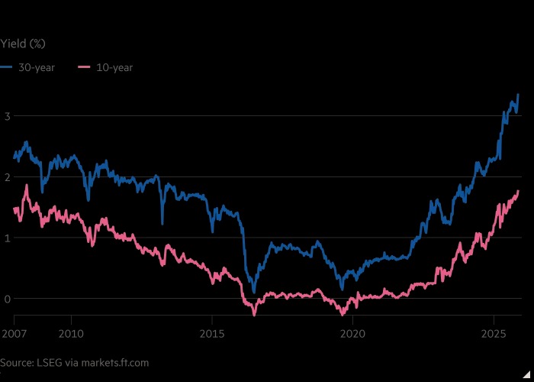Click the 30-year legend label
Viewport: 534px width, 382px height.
pos(37,67)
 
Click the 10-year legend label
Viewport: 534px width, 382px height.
pos(114,67)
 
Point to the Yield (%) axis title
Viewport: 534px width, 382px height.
pos(24,44)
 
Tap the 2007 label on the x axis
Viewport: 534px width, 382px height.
pos(13,333)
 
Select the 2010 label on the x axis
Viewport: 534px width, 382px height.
pos(71,333)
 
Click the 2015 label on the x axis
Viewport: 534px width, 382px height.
pos(212,333)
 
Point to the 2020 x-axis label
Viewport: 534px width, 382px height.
pos(352,333)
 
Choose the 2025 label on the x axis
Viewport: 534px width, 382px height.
pos(493,333)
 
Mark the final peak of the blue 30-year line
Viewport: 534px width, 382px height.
pos(518,95)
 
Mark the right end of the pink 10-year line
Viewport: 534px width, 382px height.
pos(519,191)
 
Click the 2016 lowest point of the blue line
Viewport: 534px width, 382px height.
pos(254,293)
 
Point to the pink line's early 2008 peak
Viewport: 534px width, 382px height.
pos(27,185)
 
